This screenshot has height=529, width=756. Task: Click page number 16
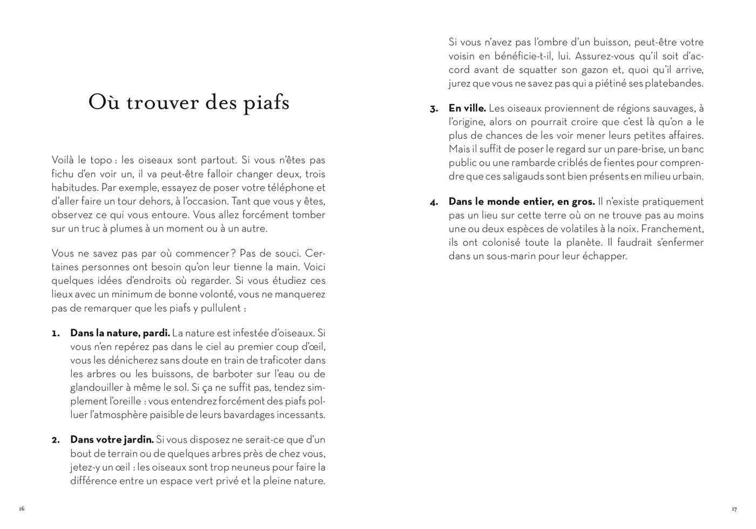(x=22, y=508)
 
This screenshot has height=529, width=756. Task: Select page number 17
(x=734, y=509)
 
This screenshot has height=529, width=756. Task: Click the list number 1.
(x=55, y=333)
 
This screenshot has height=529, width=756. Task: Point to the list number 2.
(x=56, y=440)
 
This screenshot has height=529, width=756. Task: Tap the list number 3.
(x=434, y=108)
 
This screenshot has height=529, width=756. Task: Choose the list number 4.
(x=434, y=202)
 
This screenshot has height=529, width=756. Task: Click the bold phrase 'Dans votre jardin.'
(x=112, y=440)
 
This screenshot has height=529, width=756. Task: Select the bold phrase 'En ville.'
(x=467, y=108)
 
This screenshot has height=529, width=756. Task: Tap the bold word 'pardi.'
(x=156, y=333)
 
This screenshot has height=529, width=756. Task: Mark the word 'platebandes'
(x=675, y=84)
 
